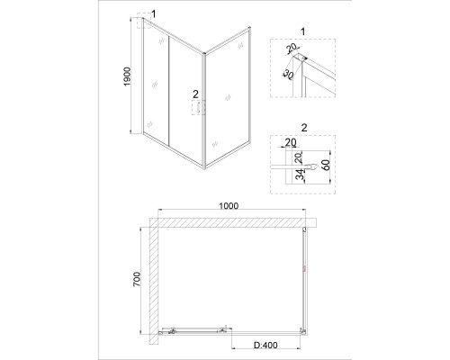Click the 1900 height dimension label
tap(128, 76)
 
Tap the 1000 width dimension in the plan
tap(229, 206)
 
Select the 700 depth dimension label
tap(137, 279)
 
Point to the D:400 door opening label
tap(265, 346)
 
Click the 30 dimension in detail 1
tap(288, 75)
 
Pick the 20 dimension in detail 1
tap(291, 48)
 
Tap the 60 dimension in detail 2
tap(327, 165)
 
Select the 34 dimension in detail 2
tap(300, 175)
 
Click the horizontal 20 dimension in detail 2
tap(290, 142)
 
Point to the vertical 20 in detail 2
tap(299, 157)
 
